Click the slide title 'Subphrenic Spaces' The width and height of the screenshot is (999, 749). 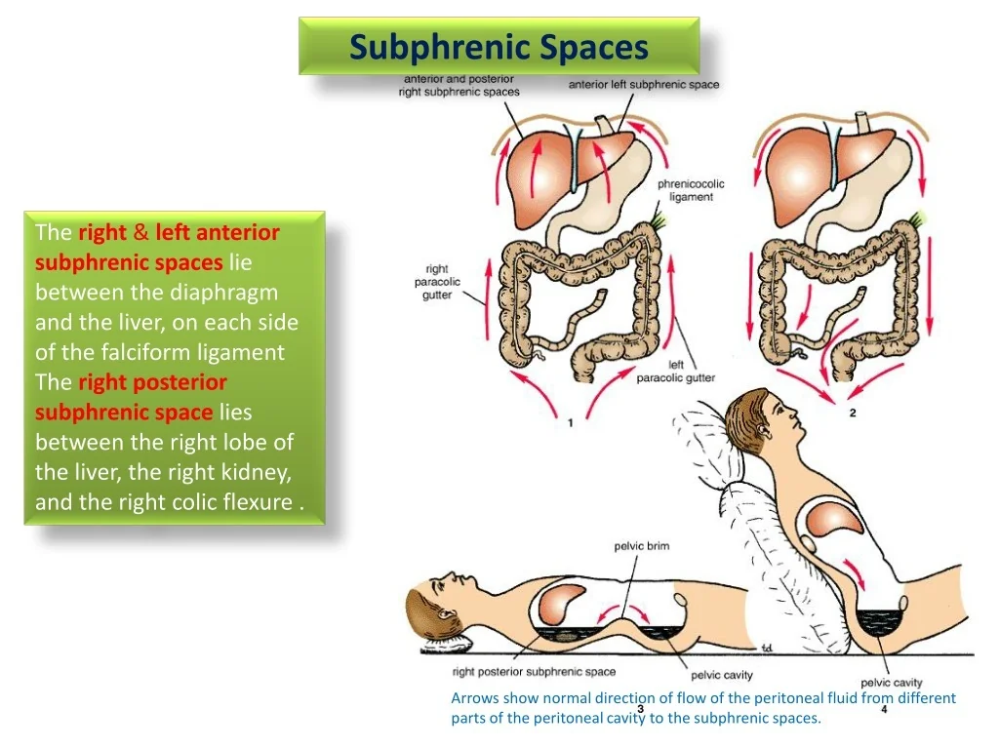[499, 47]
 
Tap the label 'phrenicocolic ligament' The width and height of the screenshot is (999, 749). [691, 190]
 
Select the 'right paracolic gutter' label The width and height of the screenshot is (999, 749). [437, 282]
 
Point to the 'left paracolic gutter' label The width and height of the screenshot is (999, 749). [676, 372]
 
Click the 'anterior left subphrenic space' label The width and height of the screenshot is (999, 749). [644, 85]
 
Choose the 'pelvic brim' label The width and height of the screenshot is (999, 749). [641, 546]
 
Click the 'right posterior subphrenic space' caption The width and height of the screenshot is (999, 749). [534, 672]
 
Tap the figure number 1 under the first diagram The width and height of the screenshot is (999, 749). [571, 423]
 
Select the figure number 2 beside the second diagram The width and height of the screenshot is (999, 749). [853, 414]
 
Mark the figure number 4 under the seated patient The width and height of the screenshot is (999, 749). [884, 709]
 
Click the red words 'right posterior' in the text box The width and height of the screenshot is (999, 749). [152, 382]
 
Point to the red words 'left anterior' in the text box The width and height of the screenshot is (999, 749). [218, 232]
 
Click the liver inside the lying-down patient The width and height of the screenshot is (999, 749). [562, 604]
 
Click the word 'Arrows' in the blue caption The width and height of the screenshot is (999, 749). [475, 698]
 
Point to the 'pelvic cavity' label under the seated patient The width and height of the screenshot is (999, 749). [891, 683]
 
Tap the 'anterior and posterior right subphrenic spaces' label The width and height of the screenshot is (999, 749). [459, 85]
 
